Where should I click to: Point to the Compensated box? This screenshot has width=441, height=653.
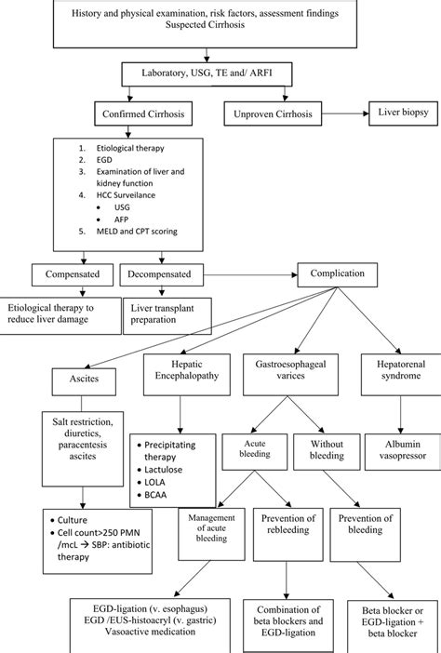(72, 275)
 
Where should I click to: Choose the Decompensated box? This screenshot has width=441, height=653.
(165, 275)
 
